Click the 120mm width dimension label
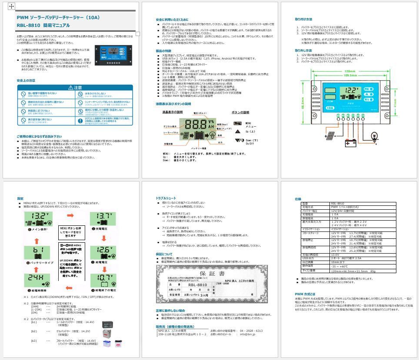click(349, 71)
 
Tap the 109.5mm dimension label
click(349, 75)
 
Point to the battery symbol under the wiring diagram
click(351, 142)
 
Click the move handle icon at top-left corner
click(11, 7)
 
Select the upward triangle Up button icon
click(238, 131)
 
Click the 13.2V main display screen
click(41, 218)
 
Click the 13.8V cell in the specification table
click(336, 255)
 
